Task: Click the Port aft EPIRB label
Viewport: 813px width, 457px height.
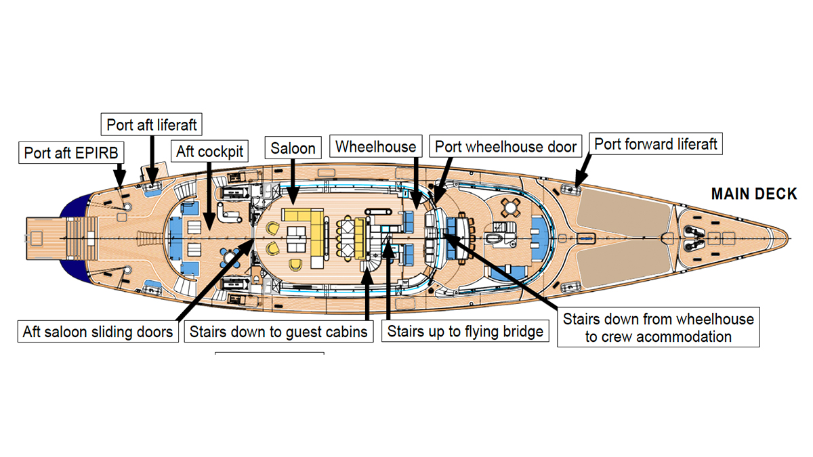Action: [x=71, y=152]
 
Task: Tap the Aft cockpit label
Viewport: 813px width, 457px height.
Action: [x=209, y=151]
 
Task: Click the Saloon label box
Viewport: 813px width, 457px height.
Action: [x=293, y=148]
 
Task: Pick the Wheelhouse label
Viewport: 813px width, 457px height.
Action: [x=376, y=146]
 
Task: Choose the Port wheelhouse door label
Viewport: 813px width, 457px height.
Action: [x=505, y=146]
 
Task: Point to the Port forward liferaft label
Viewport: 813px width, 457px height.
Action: [x=656, y=144]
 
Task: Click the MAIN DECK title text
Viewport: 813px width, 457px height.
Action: [x=754, y=194]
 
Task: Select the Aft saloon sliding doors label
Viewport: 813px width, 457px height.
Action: [x=98, y=332]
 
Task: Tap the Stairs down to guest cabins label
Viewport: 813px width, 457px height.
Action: [x=278, y=332]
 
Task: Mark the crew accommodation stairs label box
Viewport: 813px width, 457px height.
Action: [x=659, y=326]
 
